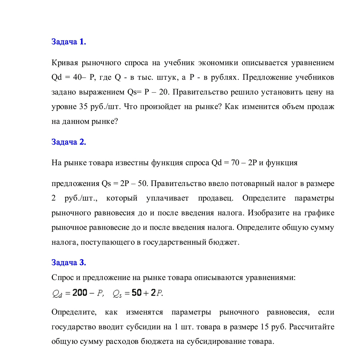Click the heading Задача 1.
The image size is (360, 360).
[69, 42]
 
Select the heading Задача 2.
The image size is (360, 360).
[69, 142]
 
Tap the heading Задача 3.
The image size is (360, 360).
[69, 262]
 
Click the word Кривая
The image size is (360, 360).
[65, 63]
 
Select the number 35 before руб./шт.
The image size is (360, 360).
[83, 107]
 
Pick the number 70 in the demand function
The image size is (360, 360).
[235, 163]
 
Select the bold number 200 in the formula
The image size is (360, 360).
[80, 293]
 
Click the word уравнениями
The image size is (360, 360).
[271, 277]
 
